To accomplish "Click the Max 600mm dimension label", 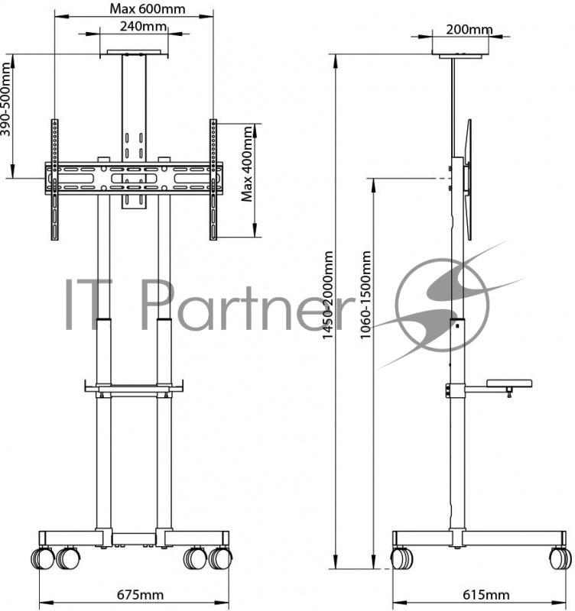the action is (x=147, y=8).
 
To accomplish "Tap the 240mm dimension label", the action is (x=143, y=27).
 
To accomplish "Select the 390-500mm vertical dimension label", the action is (x=6, y=99).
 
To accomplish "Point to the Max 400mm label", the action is (x=247, y=163).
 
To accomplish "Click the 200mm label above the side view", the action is (x=469, y=29).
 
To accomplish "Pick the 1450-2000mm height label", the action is (x=328, y=295).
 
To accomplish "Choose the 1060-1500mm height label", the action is (x=365, y=295).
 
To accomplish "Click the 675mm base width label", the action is (x=140, y=595).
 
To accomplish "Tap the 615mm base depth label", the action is (x=486, y=595).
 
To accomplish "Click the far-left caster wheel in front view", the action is (x=41, y=558).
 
